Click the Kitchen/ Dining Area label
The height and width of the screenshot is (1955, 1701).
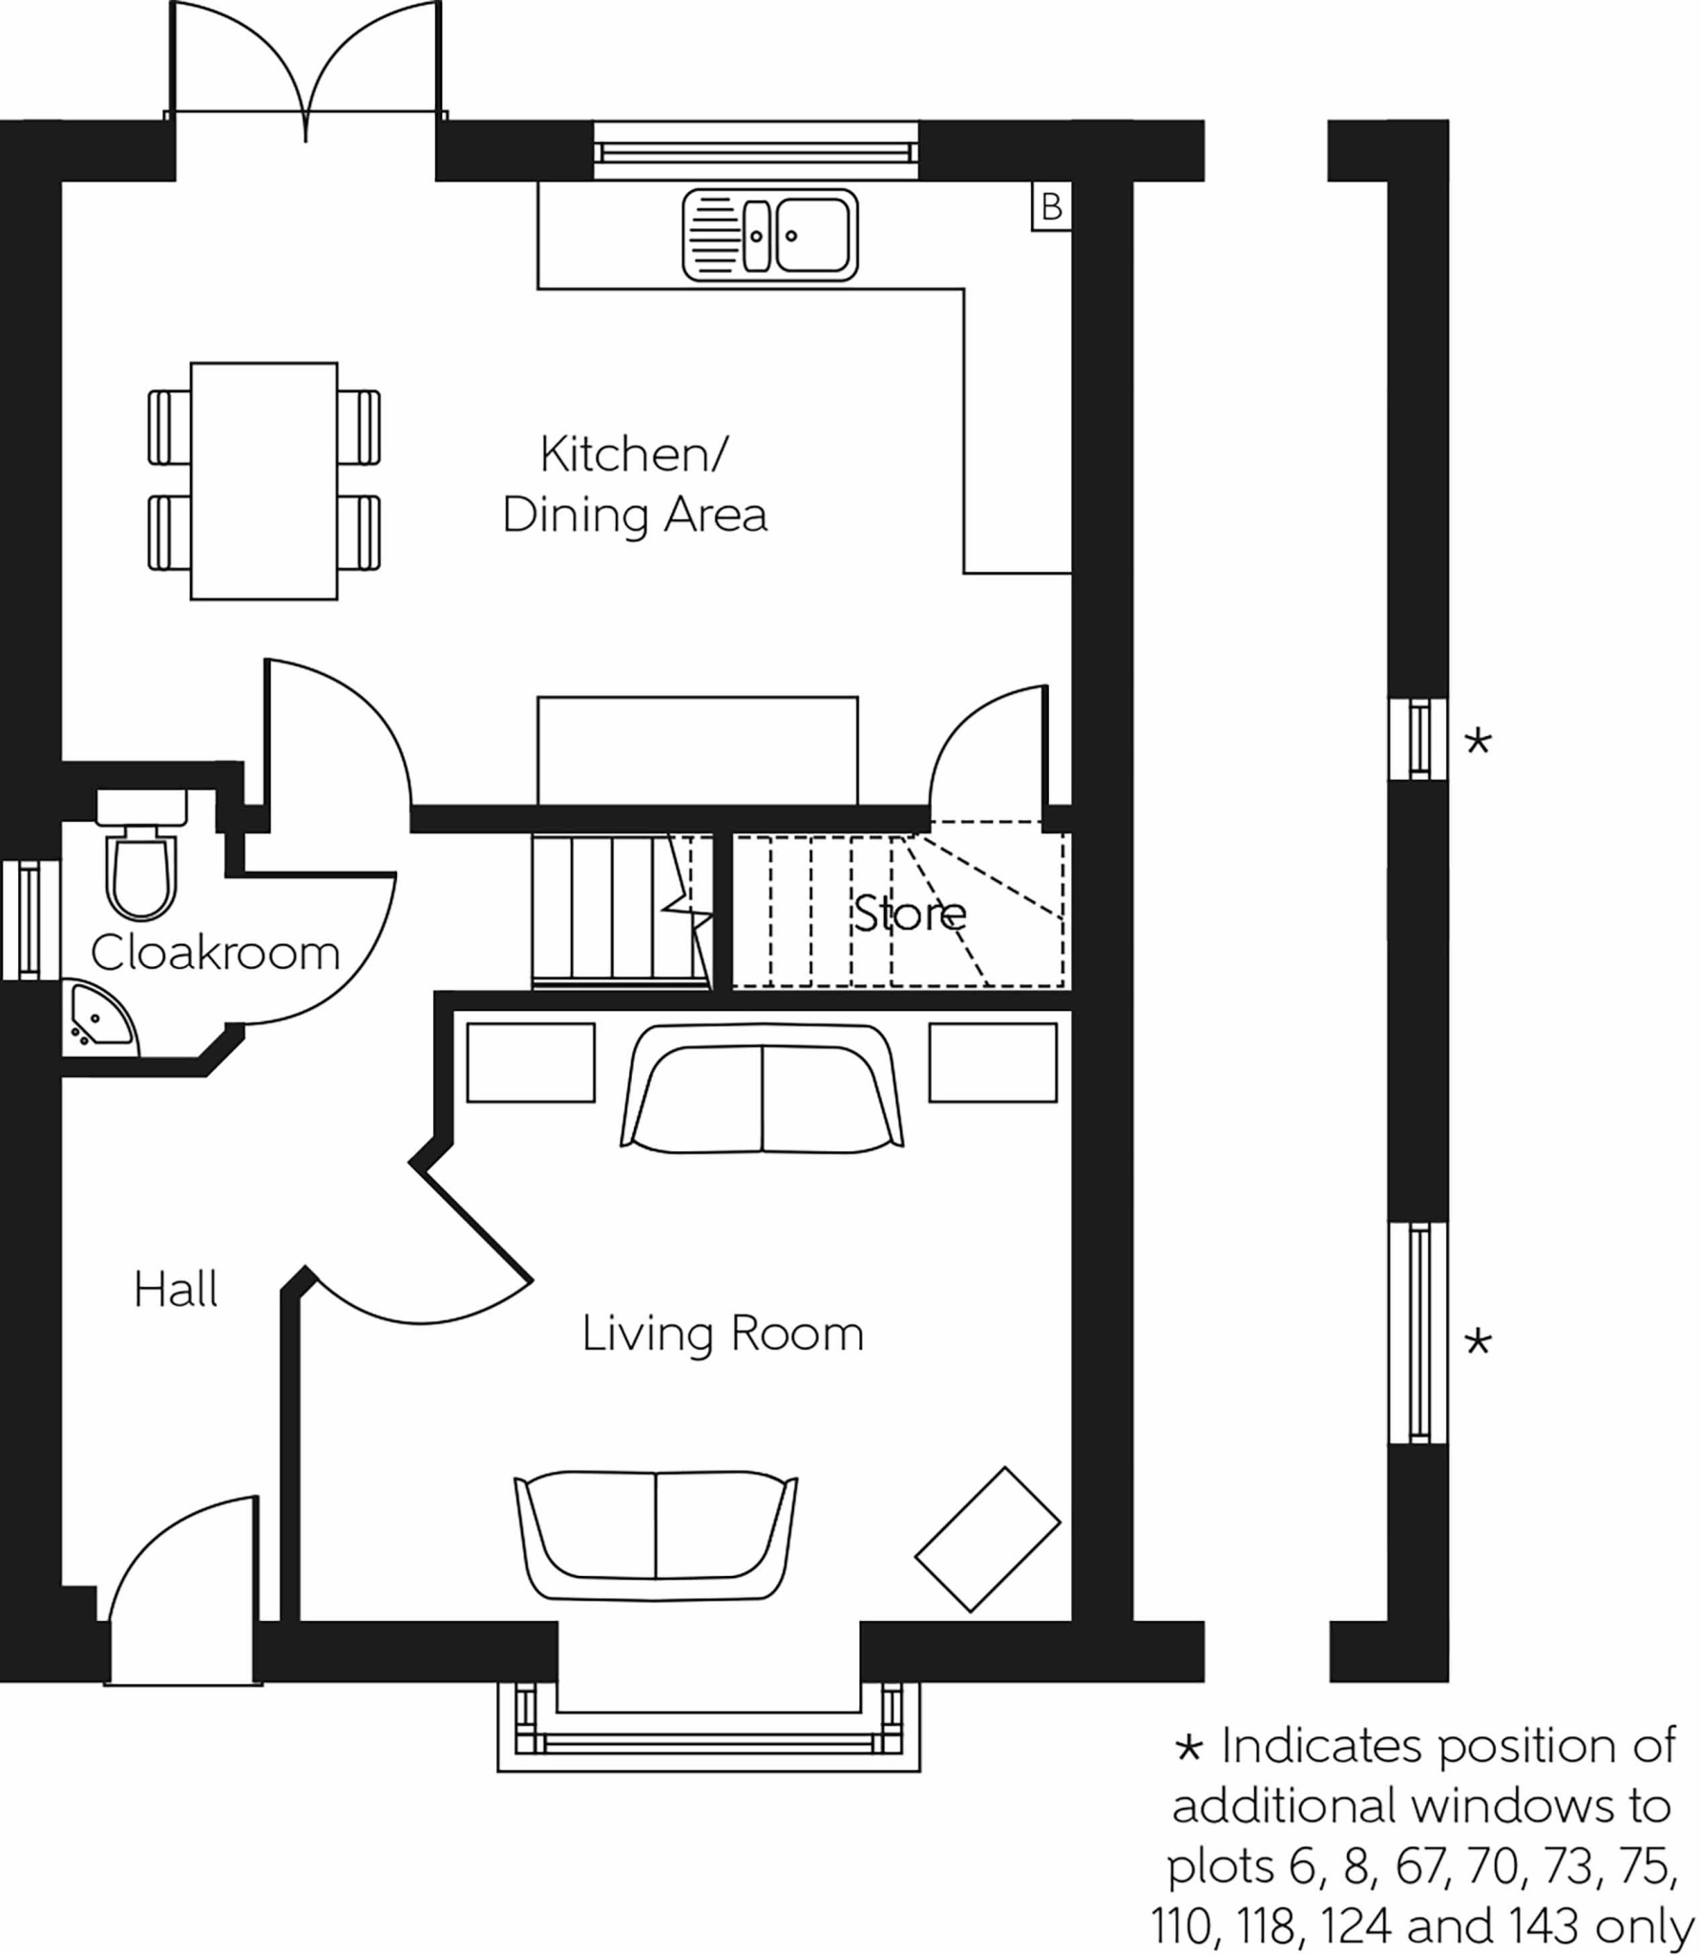634,484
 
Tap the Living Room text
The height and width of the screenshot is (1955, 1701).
723,1334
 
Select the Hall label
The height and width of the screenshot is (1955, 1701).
176,1290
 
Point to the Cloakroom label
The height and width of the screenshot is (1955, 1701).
215,953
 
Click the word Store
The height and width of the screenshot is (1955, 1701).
909,914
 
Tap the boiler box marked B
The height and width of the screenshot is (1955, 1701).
1051,206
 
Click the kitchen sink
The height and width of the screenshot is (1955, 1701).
769,236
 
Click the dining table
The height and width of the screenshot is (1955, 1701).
263,480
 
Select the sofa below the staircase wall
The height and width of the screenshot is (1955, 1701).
762,1087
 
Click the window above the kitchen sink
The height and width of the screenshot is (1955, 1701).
755,151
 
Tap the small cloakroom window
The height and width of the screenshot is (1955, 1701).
30,920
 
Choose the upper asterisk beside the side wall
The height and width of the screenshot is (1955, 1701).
1478,741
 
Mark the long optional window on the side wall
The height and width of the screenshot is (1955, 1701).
1418,1333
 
